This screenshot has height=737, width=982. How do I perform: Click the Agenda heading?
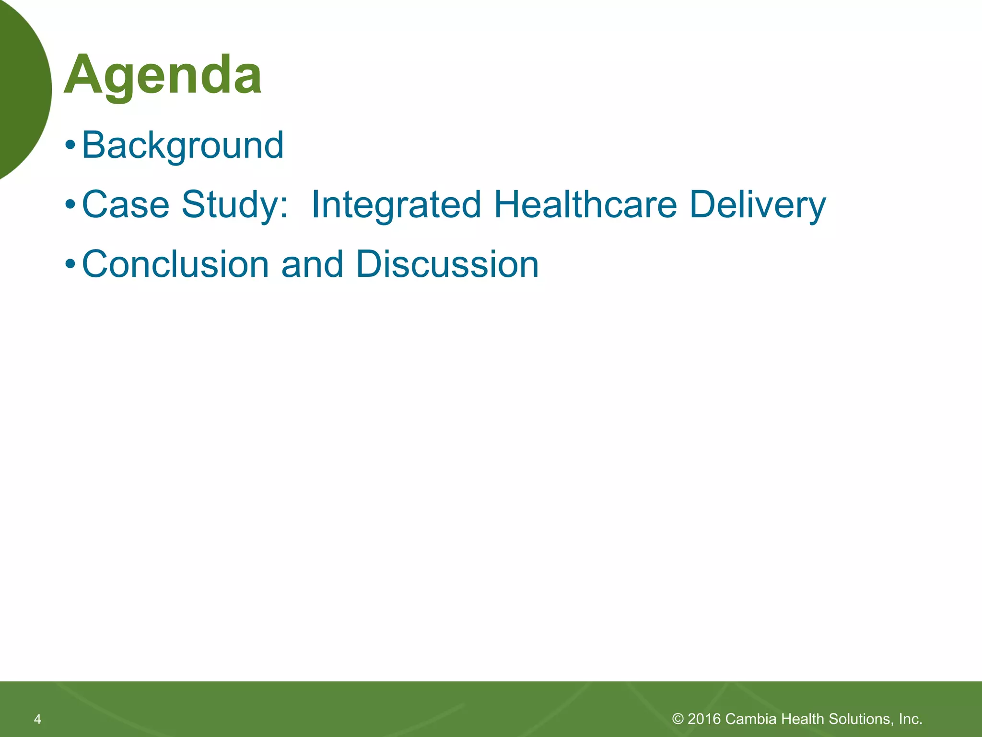pyautogui.click(x=163, y=76)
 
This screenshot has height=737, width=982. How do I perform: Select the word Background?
pyautogui.click(x=183, y=145)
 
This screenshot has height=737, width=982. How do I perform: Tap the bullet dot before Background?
pyautogui.click(x=70, y=145)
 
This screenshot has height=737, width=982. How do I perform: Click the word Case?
pyautogui.click(x=126, y=204)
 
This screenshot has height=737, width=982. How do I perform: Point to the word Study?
pyautogui.click(x=234, y=204)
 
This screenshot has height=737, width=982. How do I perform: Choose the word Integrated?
pyautogui.click(x=396, y=204)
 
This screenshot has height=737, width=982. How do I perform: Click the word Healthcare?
pyautogui.click(x=585, y=204)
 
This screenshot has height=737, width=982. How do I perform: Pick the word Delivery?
pyautogui.click(x=758, y=204)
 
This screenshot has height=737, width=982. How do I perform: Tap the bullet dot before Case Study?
pyautogui.click(x=70, y=205)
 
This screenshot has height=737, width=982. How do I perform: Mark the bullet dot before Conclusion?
pyautogui.click(x=70, y=264)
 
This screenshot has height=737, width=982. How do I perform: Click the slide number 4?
pyautogui.click(x=37, y=719)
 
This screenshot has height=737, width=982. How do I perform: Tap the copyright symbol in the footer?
pyautogui.click(x=678, y=719)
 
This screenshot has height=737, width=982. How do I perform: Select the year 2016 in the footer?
pyautogui.click(x=704, y=719)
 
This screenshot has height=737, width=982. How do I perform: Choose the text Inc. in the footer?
pyautogui.click(x=911, y=719)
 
